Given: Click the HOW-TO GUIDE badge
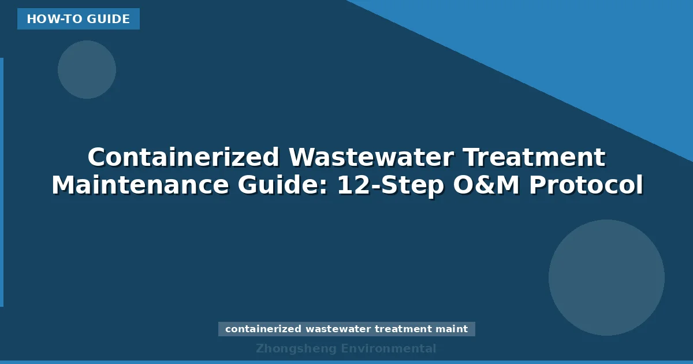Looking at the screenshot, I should pyautogui.click(x=78, y=19).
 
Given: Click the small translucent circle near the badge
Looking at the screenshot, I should pyautogui.click(x=87, y=69).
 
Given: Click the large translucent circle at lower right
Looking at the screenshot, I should pyautogui.click(x=606, y=277).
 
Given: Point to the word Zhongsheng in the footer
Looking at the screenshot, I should pyautogui.click(x=296, y=349).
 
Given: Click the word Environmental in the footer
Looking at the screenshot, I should pyautogui.click(x=389, y=349).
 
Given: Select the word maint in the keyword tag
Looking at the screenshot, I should pyautogui.click(x=452, y=329).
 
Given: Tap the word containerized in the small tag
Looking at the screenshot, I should pyautogui.click(x=263, y=329).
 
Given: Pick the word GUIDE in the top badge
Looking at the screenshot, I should pyautogui.click(x=109, y=19).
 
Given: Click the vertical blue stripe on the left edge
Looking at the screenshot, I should pyautogui.click(x=2, y=182).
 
